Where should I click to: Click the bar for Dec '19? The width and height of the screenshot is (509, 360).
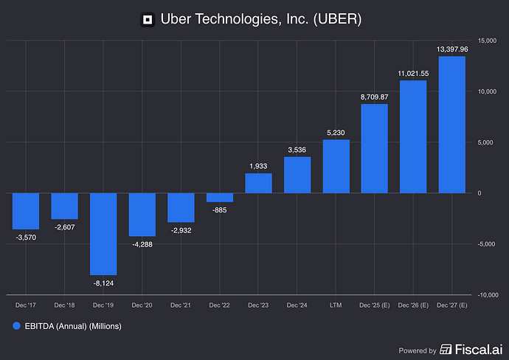tap(103, 234)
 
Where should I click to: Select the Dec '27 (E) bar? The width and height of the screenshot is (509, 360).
tap(452, 125)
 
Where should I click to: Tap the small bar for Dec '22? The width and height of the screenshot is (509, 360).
tap(220, 198)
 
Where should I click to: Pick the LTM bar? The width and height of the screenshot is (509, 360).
tap(336, 166)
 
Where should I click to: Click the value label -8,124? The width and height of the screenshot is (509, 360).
tap(103, 283)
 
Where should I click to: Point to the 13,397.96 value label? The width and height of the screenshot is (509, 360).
tap(452, 49)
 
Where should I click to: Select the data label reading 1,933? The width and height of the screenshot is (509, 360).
tap(258, 166)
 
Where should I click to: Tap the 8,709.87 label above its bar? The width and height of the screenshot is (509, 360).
tap(375, 97)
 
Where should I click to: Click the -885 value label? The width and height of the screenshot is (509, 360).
tap(220, 210)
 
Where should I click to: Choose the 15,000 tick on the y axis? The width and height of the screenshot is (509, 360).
tap(487, 40)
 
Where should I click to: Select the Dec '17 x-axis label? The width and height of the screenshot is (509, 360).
tap(26, 305)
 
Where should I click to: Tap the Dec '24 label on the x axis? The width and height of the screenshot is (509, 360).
tap(297, 305)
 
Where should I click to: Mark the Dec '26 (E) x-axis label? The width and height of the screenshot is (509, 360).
tap(413, 305)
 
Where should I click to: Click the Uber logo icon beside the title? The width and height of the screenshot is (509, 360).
tap(148, 19)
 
